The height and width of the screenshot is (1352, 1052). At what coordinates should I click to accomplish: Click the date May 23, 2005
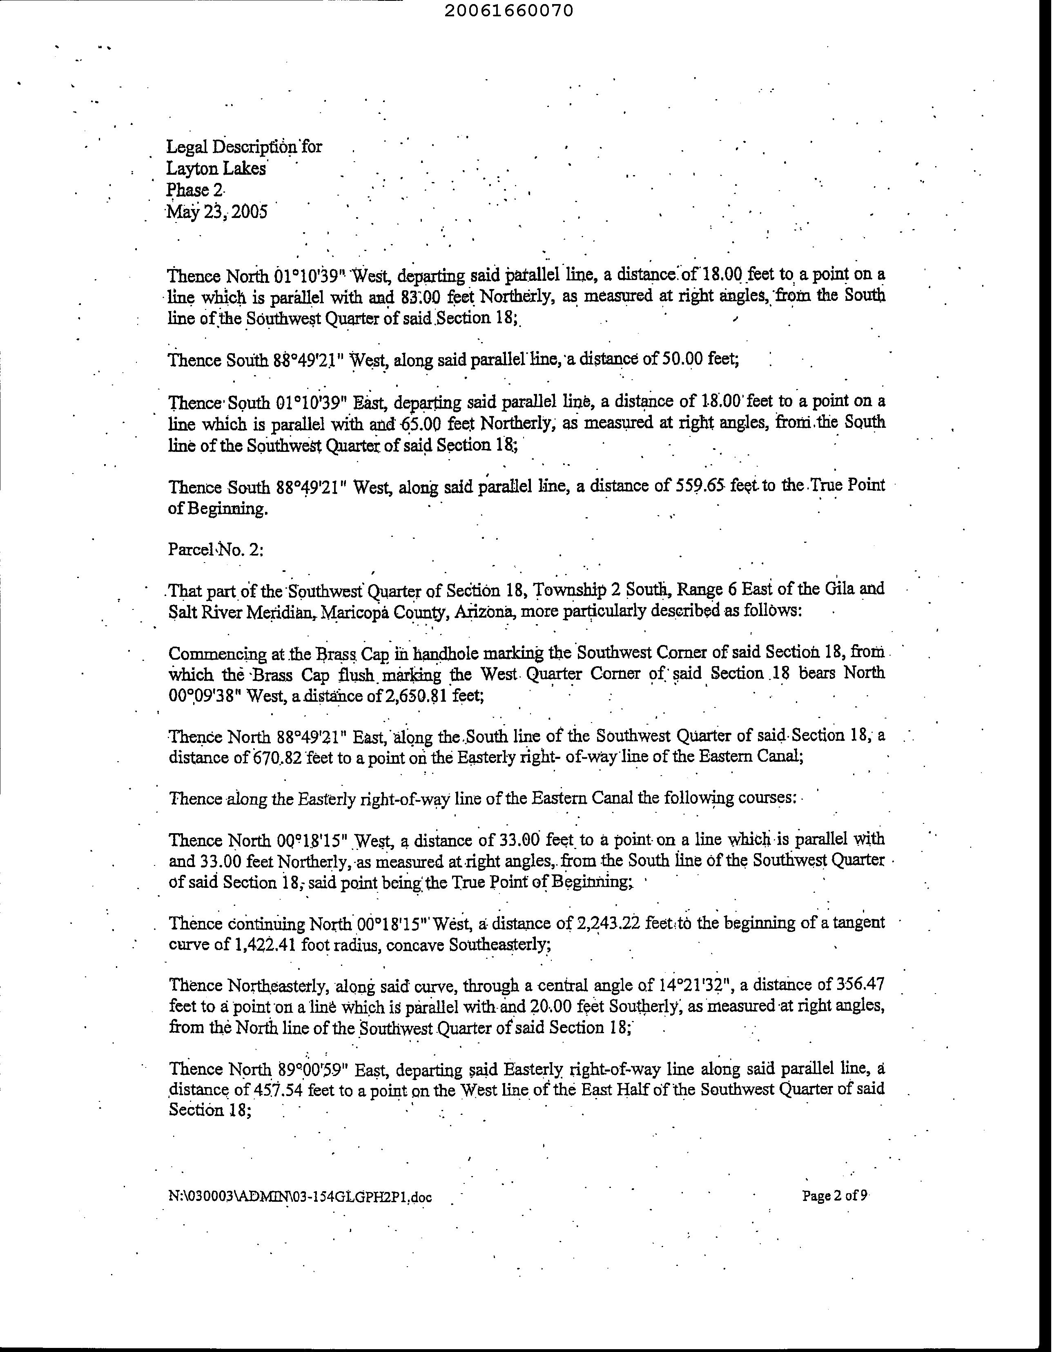(217, 212)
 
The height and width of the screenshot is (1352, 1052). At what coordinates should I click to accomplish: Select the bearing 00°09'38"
(205, 696)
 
